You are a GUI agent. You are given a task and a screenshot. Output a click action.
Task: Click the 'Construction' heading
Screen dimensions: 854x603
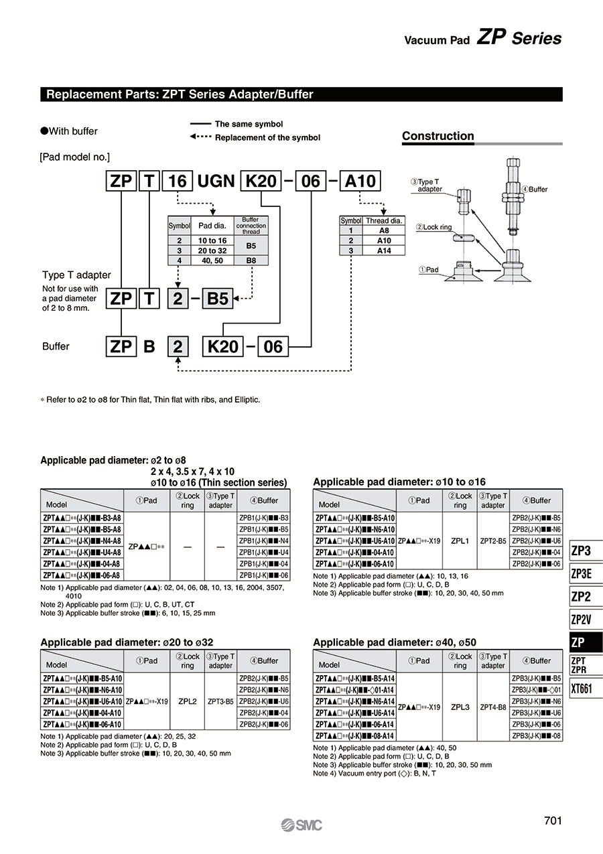pyautogui.click(x=438, y=136)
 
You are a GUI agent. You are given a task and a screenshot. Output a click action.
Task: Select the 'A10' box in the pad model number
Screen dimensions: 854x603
pyautogui.click(x=361, y=181)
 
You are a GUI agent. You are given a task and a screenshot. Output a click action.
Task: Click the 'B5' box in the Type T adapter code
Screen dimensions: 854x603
pyautogui.click(x=218, y=299)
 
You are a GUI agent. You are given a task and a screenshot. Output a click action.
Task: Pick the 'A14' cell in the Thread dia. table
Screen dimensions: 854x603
pyautogui.click(x=384, y=251)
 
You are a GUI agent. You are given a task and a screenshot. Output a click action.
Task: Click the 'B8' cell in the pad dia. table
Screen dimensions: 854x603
pyautogui.click(x=251, y=260)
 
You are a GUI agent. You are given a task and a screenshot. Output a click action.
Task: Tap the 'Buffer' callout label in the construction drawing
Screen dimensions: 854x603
pyautogui.click(x=535, y=190)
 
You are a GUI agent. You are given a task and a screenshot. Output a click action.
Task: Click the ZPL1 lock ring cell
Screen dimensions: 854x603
pyautogui.click(x=460, y=540)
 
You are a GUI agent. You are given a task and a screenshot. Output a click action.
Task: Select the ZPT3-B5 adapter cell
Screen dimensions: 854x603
pyautogui.click(x=220, y=702)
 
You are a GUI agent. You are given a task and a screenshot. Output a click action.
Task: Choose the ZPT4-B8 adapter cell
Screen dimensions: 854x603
pyautogui.click(x=493, y=707)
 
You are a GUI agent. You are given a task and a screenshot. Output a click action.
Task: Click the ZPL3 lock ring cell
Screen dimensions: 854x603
pyautogui.click(x=460, y=707)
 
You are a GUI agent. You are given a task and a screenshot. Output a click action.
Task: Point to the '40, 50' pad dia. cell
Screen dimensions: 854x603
pyautogui.click(x=212, y=260)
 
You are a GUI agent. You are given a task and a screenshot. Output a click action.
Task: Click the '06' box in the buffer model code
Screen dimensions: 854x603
pyautogui.click(x=273, y=346)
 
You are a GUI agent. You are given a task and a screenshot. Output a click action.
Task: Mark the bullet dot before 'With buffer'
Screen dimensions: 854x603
pyautogui.click(x=44, y=131)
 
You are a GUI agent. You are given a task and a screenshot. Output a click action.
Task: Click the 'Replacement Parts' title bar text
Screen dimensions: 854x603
pyautogui.click(x=180, y=94)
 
